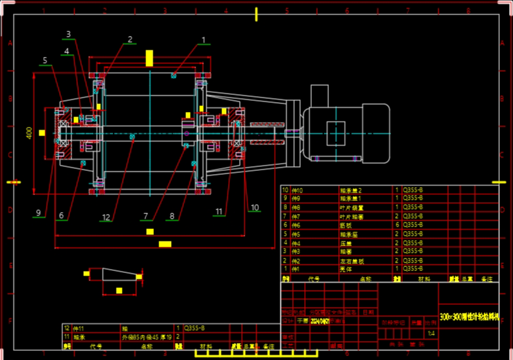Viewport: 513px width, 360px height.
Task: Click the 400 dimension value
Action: click(x=29, y=132)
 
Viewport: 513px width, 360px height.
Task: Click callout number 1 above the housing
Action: click(x=204, y=41)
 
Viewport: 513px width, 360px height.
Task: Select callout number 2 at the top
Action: click(x=130, y=39)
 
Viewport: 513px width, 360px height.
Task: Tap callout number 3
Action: click(x=68, y=34)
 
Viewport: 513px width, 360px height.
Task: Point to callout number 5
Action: click(x=45, y=61)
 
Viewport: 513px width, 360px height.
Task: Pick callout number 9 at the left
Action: click(x=39, y=212)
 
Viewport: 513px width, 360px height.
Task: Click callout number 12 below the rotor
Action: click(x=106, y=217)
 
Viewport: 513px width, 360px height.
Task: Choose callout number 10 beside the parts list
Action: click(x=255, y=207)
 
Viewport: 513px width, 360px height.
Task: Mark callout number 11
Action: click(x=219, y=211)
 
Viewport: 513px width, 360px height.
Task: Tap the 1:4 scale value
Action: click(x=430, y=334)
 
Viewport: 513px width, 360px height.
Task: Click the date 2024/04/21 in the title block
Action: click(x=321, y=321)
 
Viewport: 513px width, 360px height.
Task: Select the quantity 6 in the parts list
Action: click(x=396, y=225)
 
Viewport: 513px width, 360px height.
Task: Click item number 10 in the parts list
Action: click(x=284, y=190)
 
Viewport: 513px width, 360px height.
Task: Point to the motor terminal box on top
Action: click(x=319, y=96)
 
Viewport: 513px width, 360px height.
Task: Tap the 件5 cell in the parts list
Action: click(x=296, y=233)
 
